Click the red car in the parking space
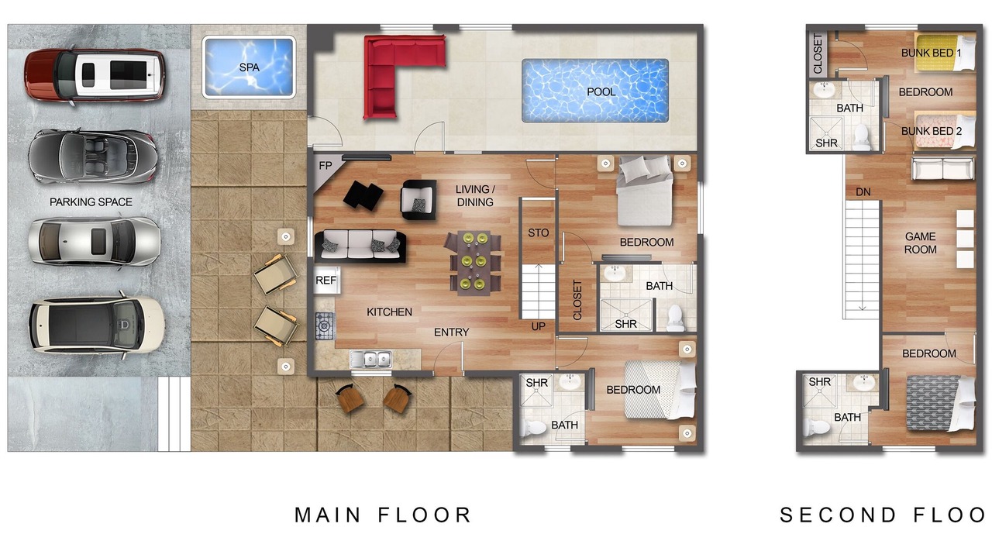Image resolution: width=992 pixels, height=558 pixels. pos(95,75)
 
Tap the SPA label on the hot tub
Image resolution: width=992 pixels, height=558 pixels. pos(249,67)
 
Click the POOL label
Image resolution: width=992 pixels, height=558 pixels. pos(601,91)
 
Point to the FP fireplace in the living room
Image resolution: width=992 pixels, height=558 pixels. pos(325,167)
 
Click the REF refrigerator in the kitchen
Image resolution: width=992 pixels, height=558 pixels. pos(326,280)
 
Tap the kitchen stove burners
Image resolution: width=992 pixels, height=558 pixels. pos(325,326)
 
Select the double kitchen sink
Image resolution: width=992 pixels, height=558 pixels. pos(370,359)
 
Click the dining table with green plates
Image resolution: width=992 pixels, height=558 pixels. pos(474,263)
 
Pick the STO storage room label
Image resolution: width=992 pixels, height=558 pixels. pos(538,232)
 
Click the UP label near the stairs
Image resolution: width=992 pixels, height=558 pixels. pos(538,326)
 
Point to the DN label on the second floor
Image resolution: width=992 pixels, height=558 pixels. pos(863,191)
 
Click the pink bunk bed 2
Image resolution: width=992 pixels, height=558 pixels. pos(945,131)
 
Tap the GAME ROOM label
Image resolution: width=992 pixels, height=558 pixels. pos(920,243)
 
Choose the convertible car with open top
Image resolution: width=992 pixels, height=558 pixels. pos(92,157)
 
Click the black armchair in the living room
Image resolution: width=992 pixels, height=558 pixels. pos(418,200)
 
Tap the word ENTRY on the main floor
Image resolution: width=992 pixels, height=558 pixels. pos(451,332)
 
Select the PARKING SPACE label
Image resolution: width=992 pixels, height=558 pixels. pos(91,202)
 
